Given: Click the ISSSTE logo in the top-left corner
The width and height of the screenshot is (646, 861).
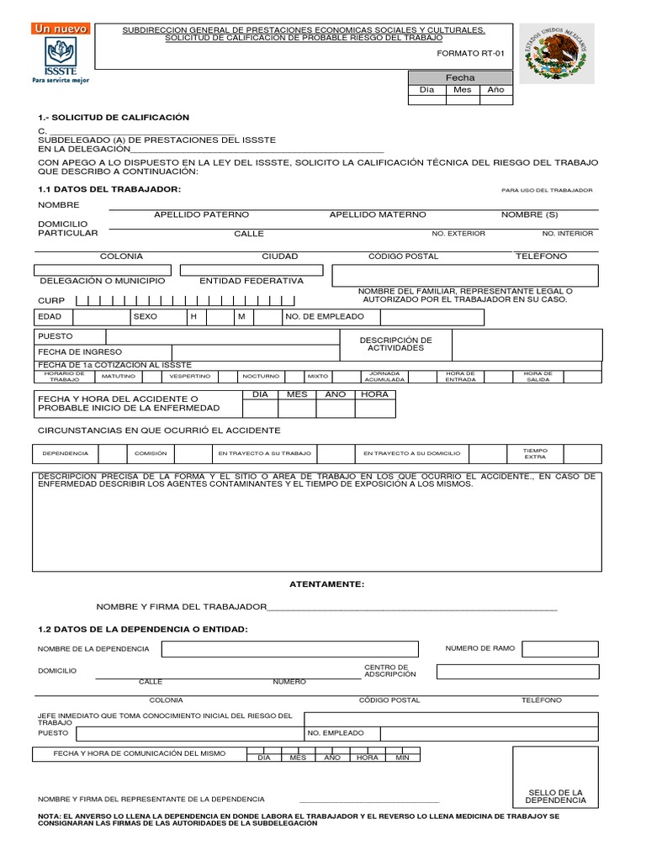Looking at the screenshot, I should pyautogui.click(x=59, y=54).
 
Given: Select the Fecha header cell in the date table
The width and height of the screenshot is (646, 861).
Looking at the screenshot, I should pyautogui.click(x=460, y=77).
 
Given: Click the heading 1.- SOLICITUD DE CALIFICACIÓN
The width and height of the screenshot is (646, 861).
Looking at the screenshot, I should pyautogui.click(x=114, y=117).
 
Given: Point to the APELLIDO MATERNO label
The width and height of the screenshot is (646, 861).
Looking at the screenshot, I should pyautogui.click(x=377, y=215).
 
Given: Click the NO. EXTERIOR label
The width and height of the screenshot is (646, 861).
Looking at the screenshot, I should pyautogui.click(x=458, y=234).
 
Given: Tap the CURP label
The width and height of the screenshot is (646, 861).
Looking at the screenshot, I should pyautogui.click(x=50, y=300).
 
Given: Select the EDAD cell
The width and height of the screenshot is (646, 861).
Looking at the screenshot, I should pyautogui.click(x=50, y=317).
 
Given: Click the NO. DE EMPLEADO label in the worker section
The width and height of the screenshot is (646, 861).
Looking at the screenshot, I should pyautogui.click(x=325, y=317).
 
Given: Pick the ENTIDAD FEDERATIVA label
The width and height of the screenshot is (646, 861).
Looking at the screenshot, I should pyautogui.click(x=251, y=281).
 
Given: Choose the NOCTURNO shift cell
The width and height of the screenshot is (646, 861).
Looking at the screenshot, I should pyautogui.click(x=260, y=376).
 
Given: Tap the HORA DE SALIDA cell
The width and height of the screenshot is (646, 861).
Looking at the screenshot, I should pyautogui.click(x=537, y=376).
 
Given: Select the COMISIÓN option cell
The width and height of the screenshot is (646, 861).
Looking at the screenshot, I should pyautogui.click(x=151, y=453).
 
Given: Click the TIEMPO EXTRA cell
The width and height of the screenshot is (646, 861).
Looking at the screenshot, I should pyautogui.click(x=535, y=453).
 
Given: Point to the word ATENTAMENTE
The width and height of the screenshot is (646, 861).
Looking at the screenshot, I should pyautogui.click(x=326, y=583).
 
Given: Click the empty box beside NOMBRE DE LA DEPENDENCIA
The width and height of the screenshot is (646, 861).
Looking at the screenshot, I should pyautogui.click(x=290, y=649).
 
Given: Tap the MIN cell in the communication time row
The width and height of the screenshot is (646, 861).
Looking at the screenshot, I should pyautogui.click(x=402, y=758).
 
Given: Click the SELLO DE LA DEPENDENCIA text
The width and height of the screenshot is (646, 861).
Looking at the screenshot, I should pyautogui.click(x=555, y=795).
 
